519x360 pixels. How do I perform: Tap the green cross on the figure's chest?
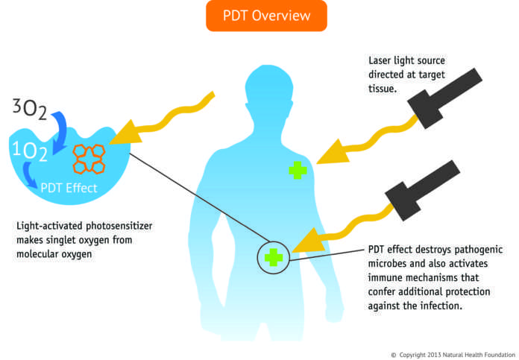point(298,170)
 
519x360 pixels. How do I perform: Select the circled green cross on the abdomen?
point(273,258)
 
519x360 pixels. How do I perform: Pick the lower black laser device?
point(432,186)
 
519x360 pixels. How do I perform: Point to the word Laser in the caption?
point(383,60)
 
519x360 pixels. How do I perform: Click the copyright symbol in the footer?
point(394,353)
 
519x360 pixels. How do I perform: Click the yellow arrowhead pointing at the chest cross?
point(325,154)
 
